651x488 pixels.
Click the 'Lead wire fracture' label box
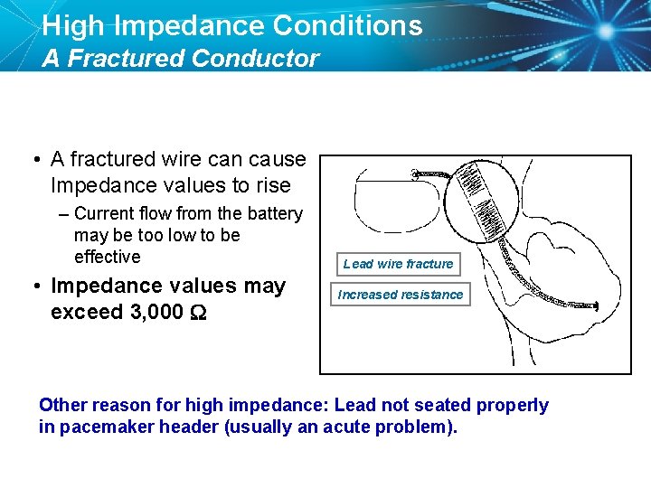(x=398, y=264)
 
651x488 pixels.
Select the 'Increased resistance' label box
(x=400, y=295)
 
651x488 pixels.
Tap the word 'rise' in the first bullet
(x=273, y=186)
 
